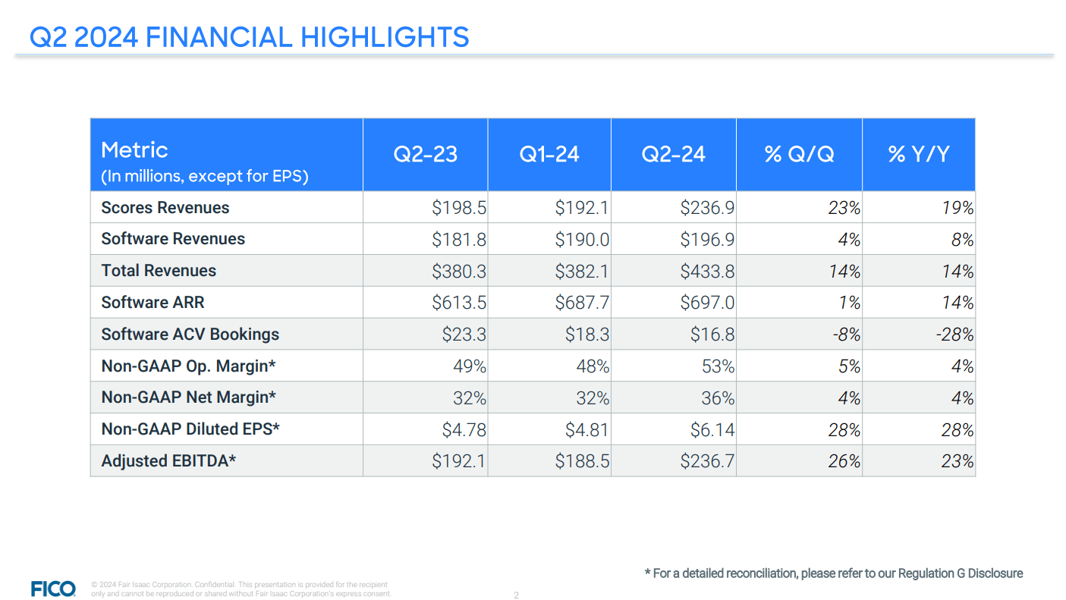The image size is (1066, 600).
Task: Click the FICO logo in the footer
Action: (53, 589)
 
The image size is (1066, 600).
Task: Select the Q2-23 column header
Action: (425, 155)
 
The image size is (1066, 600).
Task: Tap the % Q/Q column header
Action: (799, 155)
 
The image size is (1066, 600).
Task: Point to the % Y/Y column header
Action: (918, 155)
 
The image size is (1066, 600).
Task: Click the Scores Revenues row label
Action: (165, 208)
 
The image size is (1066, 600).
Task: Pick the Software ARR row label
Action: (153, 303)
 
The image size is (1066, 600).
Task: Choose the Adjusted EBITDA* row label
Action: (168, 460)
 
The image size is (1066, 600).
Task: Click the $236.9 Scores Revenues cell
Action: (707, 208)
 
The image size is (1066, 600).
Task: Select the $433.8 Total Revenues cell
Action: (707, 271)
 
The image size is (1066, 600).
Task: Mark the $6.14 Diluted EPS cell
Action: (712, 429)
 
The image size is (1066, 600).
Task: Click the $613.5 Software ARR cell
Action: (459, 303)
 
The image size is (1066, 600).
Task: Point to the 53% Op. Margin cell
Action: (719, 366)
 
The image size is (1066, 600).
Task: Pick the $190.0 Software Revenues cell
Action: (583, 240)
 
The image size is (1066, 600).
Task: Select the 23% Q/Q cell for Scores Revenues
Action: (844, 208)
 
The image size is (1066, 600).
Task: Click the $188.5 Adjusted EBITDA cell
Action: (583, 461)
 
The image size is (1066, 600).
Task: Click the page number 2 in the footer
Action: (517, 595)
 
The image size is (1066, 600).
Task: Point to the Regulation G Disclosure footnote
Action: (833, 573)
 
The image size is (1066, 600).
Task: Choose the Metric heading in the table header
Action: (134, 149)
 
